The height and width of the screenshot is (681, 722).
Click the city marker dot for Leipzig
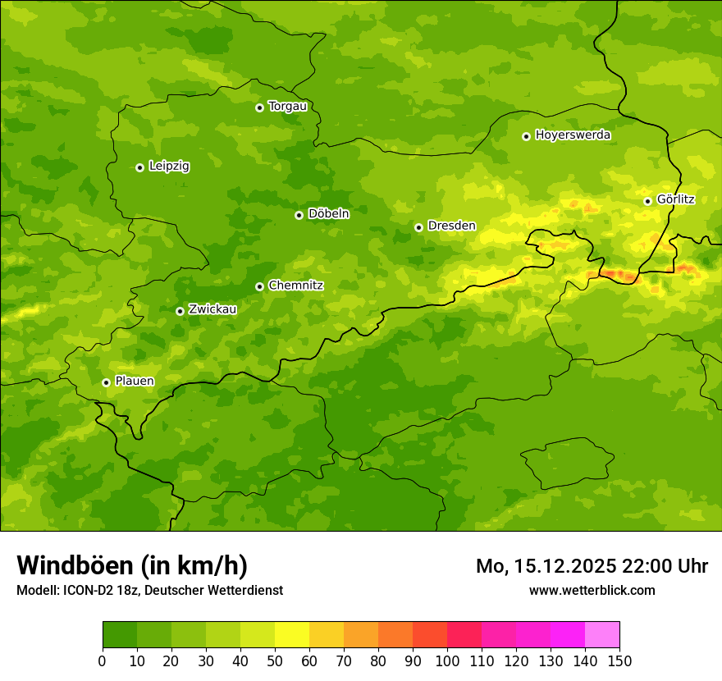[139, 167]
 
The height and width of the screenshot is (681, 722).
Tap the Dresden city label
[451, 226]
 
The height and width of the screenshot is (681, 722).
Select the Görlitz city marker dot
[647, 201]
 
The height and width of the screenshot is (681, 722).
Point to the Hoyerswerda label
[573, 135]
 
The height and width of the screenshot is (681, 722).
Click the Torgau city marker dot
[259, 107]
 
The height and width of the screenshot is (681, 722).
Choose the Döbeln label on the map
[328, 214]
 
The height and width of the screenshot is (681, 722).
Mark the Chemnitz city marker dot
[259, 286]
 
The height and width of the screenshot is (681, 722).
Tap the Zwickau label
[212, 309]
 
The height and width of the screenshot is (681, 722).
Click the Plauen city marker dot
[106, 382]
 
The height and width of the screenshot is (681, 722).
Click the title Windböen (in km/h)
[131, 565]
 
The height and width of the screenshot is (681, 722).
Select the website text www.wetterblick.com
[592, 590]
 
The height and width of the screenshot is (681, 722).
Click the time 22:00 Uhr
[670, 566]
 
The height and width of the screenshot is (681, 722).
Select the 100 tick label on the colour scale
[447, 660]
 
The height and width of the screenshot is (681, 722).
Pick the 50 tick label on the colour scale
[275, 660]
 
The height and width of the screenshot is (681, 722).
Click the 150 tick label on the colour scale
[619, 660]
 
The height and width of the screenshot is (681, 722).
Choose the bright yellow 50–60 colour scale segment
[292, 635]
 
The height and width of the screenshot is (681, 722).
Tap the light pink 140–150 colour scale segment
[602, 635]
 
